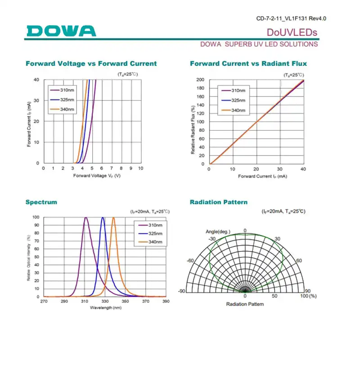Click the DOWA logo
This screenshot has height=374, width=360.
pyautogui.click(x=61, y=31)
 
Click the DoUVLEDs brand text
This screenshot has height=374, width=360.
pyautogui.click(x=292, y=32)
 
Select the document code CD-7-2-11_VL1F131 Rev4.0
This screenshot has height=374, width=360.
pyautogui.click(x=291, y=18)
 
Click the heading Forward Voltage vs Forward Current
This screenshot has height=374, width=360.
pyautogui.click(x=91, y=64)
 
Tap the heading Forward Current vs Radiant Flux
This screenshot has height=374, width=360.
pyautogui.click(x=248, y=64)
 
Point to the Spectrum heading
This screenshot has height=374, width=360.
pyautogui.click(x=41, y=202)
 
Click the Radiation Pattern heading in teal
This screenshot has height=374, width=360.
pyautogui.click(x=219, y=202)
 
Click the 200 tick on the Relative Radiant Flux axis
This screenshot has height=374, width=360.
pyautogui.click(x=201, y=80)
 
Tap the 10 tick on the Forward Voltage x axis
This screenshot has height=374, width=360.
pyautogui.click(x=140, y=169)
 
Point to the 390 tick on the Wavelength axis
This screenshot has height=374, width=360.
pyautogui.click(x=166, y=301)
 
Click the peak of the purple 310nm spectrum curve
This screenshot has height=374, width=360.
pyautogui.click(x=85, y=218)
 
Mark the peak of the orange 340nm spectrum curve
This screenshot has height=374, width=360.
pyautogui.click(x=113, y=218)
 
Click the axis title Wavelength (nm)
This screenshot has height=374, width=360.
pyautogui.click(x=105, y=307)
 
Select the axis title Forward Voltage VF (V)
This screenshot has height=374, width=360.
pyautogui.click(x=97, y=175)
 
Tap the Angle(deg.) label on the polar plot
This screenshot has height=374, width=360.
pyautogui.click(x=218, y=232)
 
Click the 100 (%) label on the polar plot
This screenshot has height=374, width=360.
pyautogui.click(x=308, y=296)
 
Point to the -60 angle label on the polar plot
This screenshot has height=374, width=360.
pyautogui.click(x=190, y=261)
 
